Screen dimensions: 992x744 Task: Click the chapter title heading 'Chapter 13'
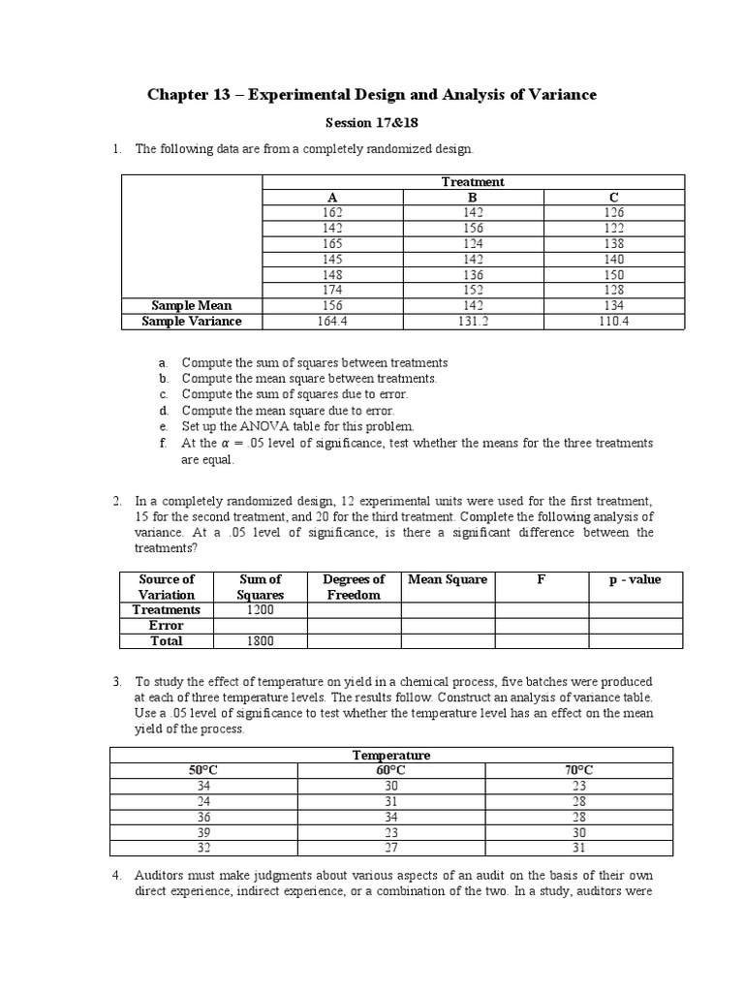pos(372,95)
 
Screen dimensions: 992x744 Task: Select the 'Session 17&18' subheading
pos(372,124)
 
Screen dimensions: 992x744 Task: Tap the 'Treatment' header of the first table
pos(473,182)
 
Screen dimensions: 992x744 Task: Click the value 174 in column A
pos(332,291)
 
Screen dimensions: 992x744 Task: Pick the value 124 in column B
pos(473,244)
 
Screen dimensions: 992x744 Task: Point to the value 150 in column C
pos(613,275)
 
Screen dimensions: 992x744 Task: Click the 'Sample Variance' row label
pos(192,322)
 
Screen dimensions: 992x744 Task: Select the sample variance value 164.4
pos(332,322)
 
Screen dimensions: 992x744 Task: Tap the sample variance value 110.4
pos(613,322)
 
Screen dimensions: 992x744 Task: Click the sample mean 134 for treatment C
pos(613,306)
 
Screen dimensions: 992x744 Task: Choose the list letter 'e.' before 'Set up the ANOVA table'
pos(164,426)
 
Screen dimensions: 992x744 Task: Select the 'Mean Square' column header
pos(448,580)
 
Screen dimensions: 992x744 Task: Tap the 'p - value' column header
pos(636,580)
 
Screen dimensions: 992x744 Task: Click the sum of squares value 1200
pos(260,610)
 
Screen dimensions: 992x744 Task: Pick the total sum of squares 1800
pos(260,641)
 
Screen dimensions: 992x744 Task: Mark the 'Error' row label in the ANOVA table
pos(167,626)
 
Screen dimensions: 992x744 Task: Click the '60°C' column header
pos(390,770)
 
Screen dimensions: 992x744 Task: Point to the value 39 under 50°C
pos(203,832)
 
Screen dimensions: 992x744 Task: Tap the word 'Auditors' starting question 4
pos(160,876)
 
